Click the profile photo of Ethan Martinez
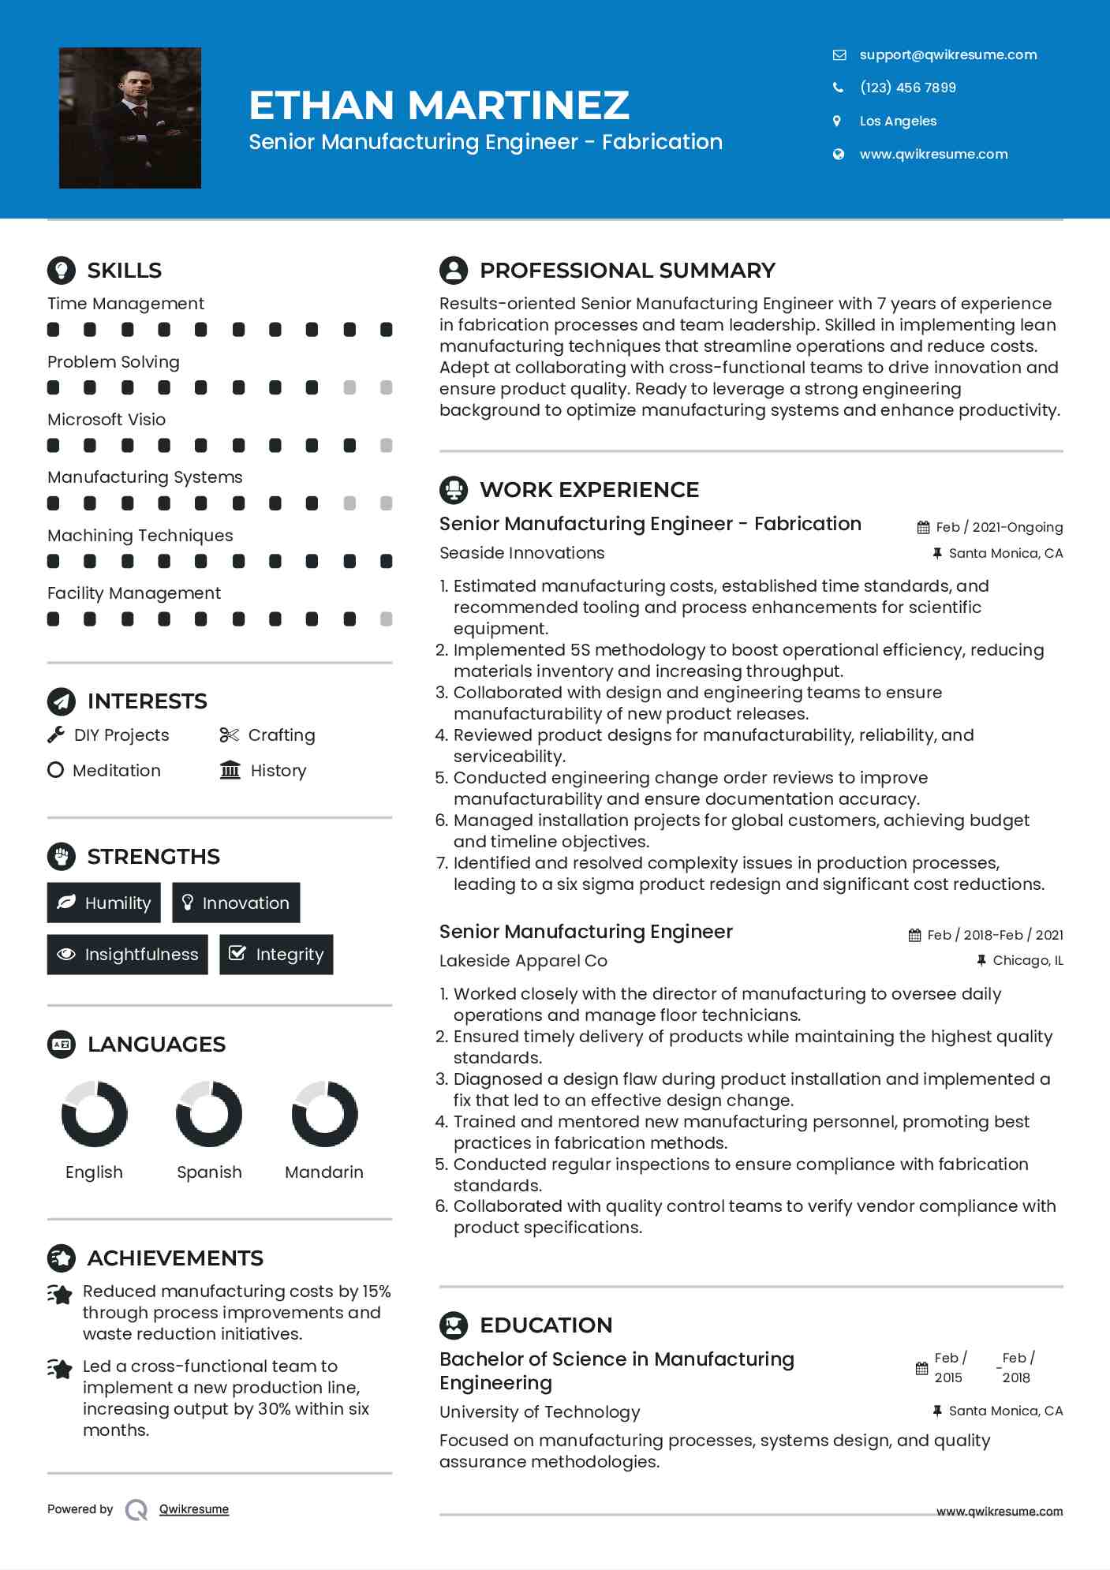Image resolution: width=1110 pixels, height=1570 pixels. pyautogui.click(x=130, y=118)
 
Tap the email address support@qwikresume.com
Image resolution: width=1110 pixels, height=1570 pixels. pyautogui.click(x=947, y=54)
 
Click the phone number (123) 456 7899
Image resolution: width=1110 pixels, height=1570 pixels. pyautogui.click(x=907, y=88)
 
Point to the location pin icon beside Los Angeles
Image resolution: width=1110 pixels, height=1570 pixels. pyautogui.click(x=838, y=121)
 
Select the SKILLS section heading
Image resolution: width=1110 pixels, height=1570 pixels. pyautogui.click(x=124, y=271)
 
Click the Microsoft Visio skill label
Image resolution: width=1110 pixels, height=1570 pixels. pyautogui.click(x=107, y=420)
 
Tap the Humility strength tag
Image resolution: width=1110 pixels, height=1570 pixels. pyautogui.click(x=103, y=903)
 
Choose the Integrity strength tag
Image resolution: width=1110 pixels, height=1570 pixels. pyautogui.click(x=276, y=955)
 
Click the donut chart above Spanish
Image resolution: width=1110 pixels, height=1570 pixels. pyautogui.click(x=209, y=1113)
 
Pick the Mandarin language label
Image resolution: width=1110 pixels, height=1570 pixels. pyautogui.click(x=323, y=1172)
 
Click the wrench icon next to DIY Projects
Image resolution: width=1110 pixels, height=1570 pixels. pyautogui.click(x=56, y=735)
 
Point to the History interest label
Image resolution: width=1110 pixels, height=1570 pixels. pyautogui.click(x=278, y=771)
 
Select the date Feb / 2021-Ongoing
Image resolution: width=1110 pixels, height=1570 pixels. pyautogui.click(x=998, y=527)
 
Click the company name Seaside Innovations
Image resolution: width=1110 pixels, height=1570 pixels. pyautogui.click(x=521, y=553)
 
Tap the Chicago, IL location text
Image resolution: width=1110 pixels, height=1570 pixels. pyautogui.click(x=1027, y=960)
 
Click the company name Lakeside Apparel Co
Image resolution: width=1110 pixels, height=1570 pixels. pyautogui.click(x=523, y=961)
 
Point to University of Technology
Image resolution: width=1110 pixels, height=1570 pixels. pyautogui.click(x=540, y=1412)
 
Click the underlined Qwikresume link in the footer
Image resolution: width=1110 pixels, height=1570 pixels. pyautogui.click(x=194, y=1509)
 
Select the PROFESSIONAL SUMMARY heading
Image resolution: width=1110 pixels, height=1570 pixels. pyautogui.click(x=627, y=271)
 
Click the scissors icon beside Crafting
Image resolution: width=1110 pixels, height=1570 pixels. pyautogui.click(x=229, y=735)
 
